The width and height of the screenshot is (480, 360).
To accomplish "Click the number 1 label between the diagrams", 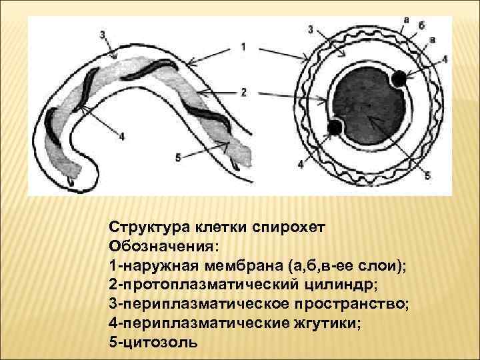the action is (243, 47).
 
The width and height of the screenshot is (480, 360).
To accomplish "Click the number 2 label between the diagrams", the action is (243, 91).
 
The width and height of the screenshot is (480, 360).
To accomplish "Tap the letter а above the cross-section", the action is (407, 20).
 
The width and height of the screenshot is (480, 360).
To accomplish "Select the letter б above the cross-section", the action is (422, 25).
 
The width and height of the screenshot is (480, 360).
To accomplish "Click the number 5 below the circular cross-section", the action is (428, 175).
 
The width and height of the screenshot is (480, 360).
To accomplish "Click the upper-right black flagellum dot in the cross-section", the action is (399, 79).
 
